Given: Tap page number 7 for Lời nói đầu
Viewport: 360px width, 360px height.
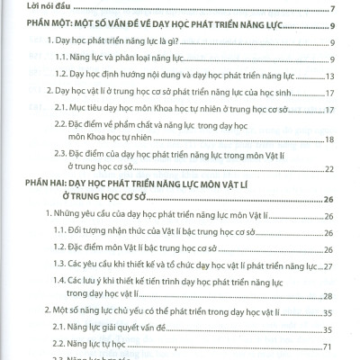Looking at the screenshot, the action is point(333,11).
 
